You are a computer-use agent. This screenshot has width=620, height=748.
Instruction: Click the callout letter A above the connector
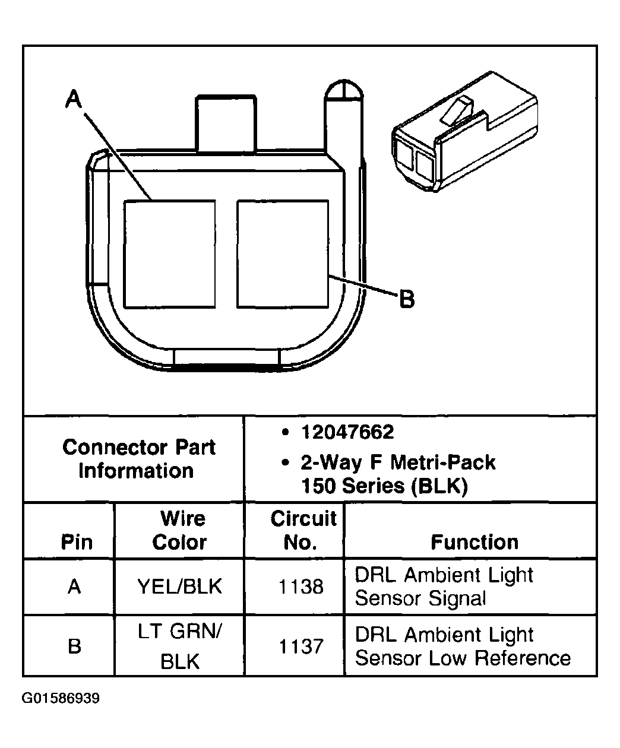(73, 99)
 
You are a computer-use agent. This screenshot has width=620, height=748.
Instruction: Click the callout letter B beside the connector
(406, 299)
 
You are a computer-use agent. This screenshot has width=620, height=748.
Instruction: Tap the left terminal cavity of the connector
(169, 253)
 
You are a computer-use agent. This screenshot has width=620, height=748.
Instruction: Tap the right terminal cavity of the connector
(282, 253)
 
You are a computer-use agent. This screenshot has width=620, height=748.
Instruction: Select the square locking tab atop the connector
(226, 123)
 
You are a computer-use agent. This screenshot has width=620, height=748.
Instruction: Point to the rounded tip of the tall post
(343, 90)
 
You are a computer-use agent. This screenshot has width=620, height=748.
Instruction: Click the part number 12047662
(347, 432)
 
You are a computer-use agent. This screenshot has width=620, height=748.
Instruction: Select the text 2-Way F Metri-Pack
(398, 462)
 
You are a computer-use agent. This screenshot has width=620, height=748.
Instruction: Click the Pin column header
(77, 542)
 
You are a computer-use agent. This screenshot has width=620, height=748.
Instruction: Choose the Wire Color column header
(180, 530)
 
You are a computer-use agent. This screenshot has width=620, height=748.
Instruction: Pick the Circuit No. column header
(303, 530)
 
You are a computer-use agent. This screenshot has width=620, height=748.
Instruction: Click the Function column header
(474, 542)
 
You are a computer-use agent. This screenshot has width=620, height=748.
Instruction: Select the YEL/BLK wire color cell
(179, 587)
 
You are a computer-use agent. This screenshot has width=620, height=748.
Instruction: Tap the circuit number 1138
(301, 587)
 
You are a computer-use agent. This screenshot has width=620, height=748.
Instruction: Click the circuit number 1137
(301, 646)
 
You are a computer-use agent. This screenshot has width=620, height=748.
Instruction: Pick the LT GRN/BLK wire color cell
(179, 646)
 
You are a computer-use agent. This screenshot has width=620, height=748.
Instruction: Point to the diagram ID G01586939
(61, 698)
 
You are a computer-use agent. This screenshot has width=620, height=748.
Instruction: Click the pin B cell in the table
(74, 646)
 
